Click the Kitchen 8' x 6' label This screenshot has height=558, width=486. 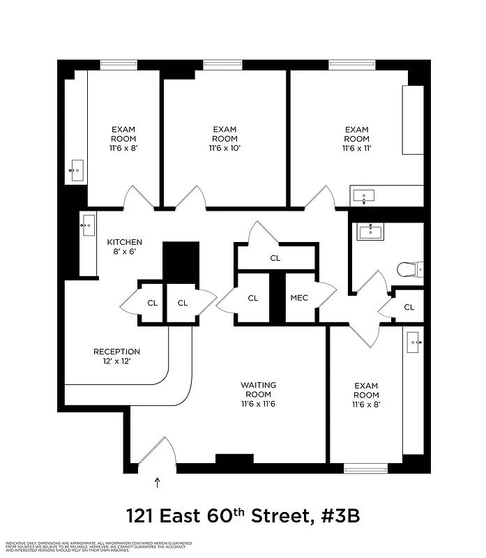[124, 247]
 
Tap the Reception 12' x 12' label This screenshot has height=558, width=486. [116, 356]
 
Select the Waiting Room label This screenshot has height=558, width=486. [258, 394]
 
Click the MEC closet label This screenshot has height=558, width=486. [299, 298]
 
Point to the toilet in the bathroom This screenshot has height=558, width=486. [407, 269]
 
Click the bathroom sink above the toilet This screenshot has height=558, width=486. [370, 232]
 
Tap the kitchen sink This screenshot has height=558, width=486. [88, 225]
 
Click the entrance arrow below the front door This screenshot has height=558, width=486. [157, 481]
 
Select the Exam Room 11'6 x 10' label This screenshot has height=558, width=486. [225, 139]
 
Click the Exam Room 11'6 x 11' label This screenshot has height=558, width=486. [356, 139]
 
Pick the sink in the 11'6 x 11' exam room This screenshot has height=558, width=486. [365, 196]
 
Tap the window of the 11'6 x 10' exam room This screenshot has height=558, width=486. [222, 65]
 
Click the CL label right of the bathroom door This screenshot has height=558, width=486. [409, 307]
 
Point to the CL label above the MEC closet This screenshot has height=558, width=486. [275, 258]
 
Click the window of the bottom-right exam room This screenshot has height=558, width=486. [365, 468]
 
